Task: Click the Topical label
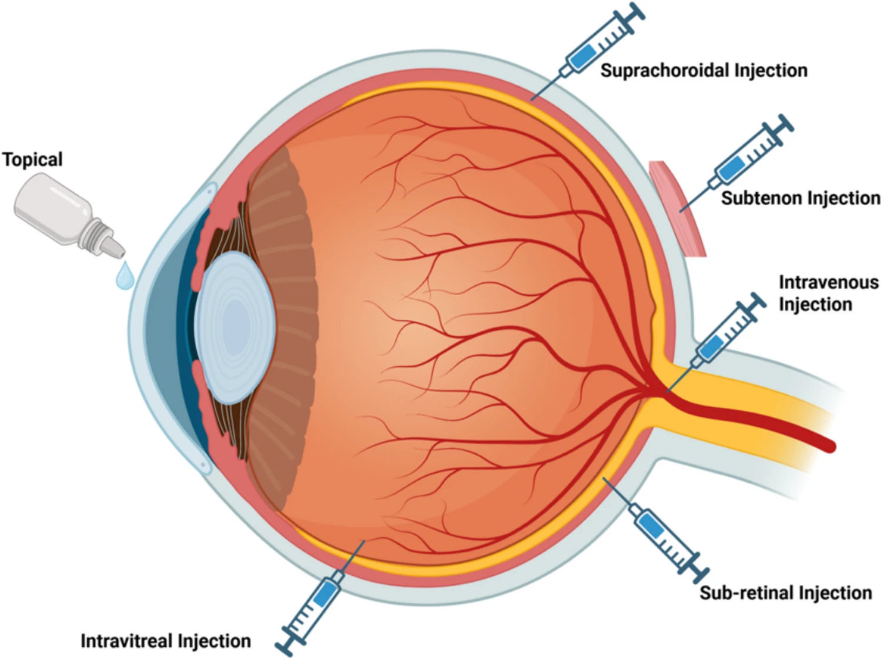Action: [32, 159]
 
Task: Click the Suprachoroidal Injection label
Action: [704, 71]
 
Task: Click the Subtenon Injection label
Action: [801, 198]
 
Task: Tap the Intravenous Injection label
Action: [828, 293]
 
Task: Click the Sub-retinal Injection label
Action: [785, 593]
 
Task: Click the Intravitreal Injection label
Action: [166, 641]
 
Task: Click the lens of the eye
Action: [235, 327]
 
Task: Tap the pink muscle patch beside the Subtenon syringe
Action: [678, 208]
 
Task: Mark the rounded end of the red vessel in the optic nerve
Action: [829, 447]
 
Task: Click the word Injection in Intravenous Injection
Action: [815, 305]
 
